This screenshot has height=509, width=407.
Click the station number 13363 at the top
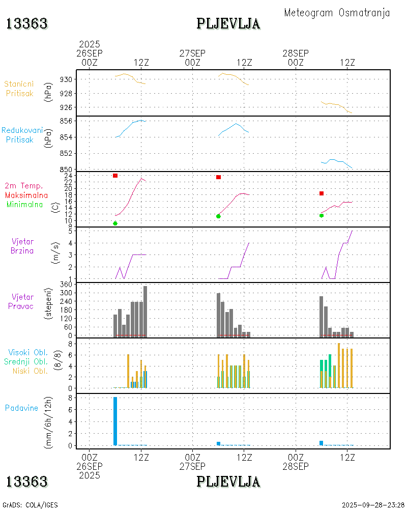(x=27, y=23)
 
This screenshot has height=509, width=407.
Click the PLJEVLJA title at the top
(x=228, y=23)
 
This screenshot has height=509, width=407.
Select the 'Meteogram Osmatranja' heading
(x=337, y=13)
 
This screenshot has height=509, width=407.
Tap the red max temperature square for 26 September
(x=115, y=176)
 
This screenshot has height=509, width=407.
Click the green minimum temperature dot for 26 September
(x=115, y=223)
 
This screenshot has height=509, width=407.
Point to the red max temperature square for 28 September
(x=322, y=193)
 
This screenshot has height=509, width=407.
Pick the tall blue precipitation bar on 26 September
(x=115, y=421)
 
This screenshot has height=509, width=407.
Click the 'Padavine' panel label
(x=21, y=408)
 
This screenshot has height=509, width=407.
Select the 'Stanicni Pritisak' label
(x=20, y=89)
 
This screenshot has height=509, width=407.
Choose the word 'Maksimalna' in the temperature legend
(x=26, y=195)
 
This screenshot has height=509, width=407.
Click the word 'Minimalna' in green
(x=26, y=204)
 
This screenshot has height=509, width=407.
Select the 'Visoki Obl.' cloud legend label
(x=27, y=352)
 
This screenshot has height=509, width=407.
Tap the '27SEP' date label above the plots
(x=192, y=53)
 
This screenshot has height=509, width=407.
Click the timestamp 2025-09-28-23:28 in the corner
(x=373, y=505)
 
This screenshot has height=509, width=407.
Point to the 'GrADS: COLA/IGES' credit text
(x=30, y=505)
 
